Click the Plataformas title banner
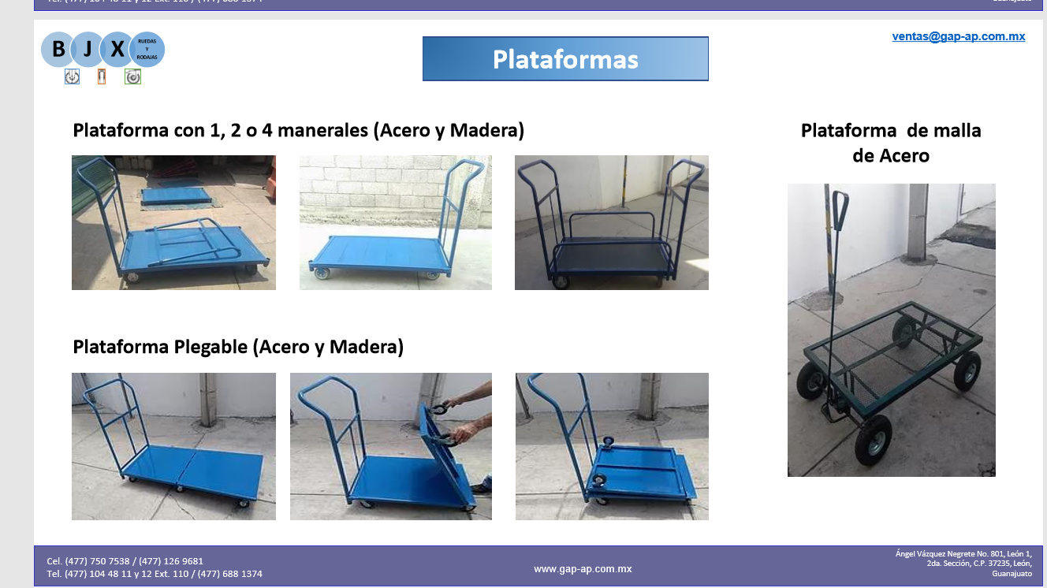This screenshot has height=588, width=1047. point(565,59)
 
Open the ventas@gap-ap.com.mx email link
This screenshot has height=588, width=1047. point(958,36)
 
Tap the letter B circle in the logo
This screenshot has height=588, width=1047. point(58,50)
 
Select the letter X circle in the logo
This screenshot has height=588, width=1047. point(117,50)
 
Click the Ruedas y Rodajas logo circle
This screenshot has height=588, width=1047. point(147,50)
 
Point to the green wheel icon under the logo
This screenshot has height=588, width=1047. point(132,76)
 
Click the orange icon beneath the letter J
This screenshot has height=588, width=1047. point(101,76)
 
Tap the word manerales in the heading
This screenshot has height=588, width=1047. point(323,130)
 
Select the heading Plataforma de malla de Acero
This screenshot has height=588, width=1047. point(891,143)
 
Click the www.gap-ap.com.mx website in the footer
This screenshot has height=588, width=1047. point(583,568)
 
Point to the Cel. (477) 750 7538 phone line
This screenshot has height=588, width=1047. point(125,561)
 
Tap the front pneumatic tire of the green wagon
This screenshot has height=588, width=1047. point(874,439)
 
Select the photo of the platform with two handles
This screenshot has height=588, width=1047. point(611,222)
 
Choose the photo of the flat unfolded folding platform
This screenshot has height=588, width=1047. point(173,446)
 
